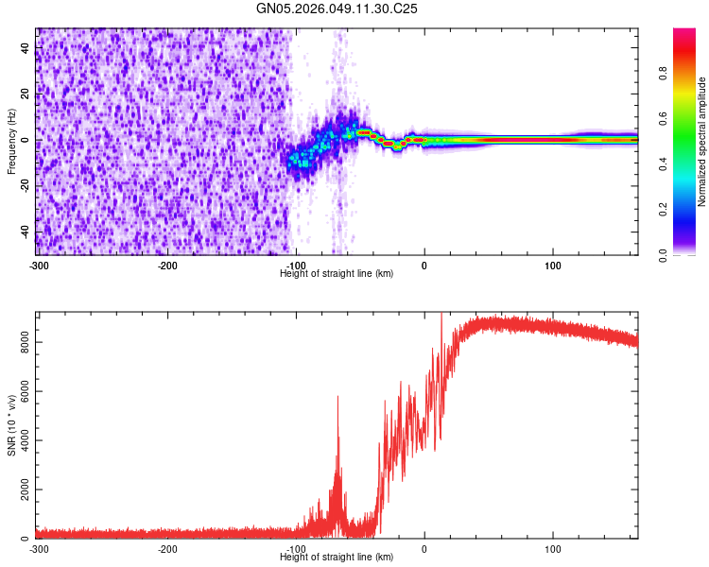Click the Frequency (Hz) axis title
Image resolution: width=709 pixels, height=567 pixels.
11,142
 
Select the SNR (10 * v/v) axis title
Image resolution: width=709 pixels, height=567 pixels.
11,425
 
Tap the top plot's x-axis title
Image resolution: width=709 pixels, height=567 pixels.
337,273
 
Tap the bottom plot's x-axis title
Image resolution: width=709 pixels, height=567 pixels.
337,558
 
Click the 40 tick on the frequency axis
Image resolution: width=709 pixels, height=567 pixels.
26,48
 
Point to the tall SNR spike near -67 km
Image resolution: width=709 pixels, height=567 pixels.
337,399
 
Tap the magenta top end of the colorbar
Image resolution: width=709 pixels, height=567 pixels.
684,33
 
